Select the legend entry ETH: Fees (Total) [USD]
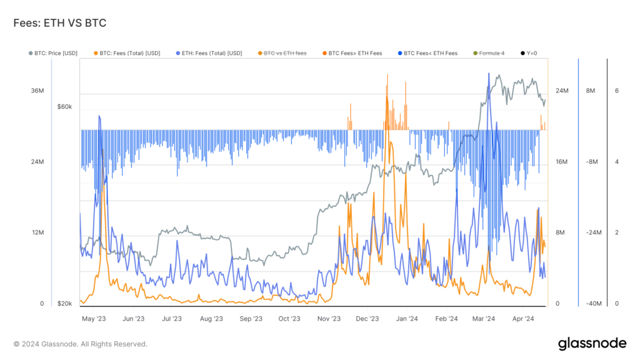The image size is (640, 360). tap(209, 53)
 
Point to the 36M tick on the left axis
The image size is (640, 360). tap(37, 91)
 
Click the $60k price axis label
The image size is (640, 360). tap(65, 107)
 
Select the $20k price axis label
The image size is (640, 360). tap(65, 304)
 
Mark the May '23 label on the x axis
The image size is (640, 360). tap(94, 319)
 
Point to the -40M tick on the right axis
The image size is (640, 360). tap(593, 304)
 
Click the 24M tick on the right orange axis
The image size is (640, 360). tap(561, 91)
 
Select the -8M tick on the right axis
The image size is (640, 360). tap(593, 162)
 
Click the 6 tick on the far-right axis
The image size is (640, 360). tap(617, 91)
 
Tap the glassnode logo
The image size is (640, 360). tap(591, 343)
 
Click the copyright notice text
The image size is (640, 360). tap(81, 344)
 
